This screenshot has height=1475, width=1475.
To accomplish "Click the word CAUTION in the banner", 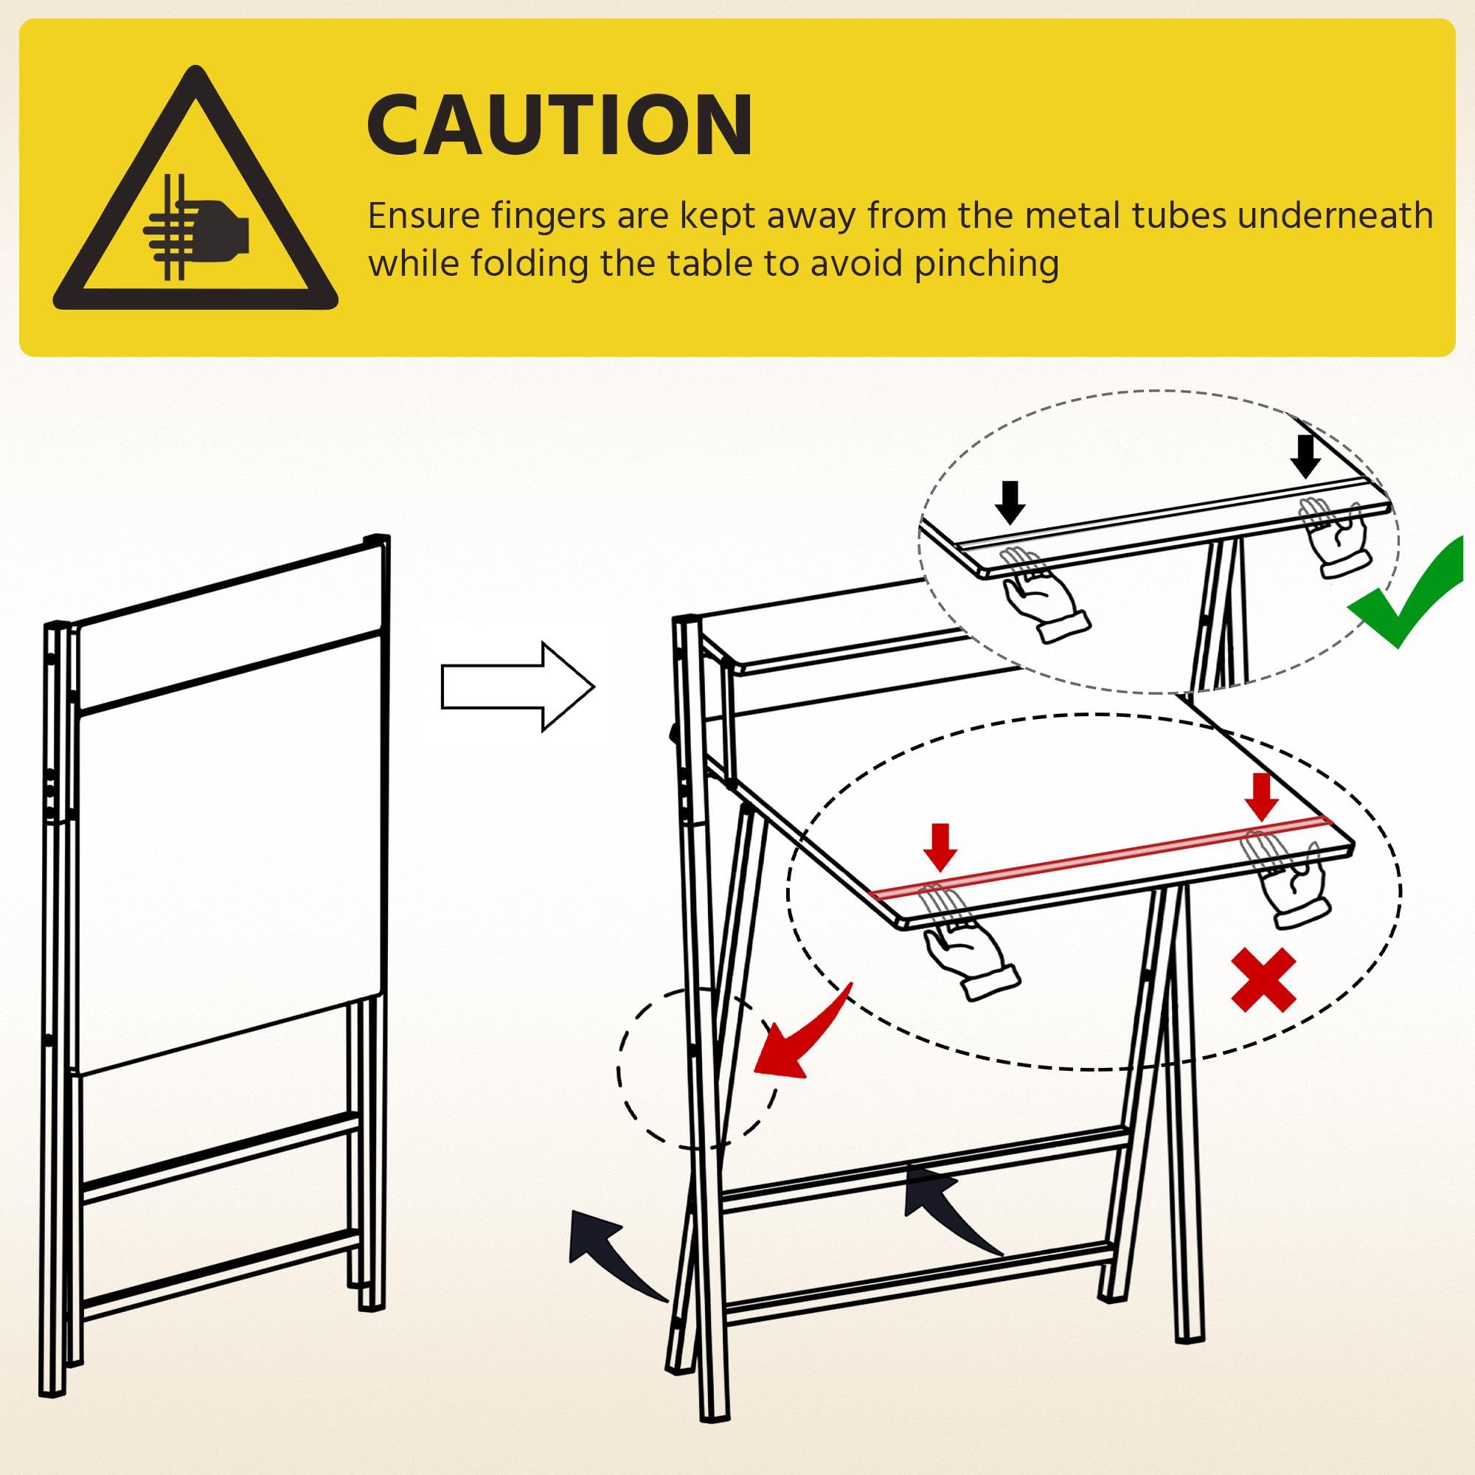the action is tap(560, 125).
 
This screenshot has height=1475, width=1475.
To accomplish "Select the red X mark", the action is tap(1263, 979).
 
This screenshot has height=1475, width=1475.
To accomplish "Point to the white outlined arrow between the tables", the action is tap(518, 687).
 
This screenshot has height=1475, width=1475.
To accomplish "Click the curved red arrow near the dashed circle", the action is tap(802, 1034).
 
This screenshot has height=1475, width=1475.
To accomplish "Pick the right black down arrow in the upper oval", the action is tap(1305, 457).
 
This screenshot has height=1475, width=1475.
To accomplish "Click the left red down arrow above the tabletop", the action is tap(939, 847).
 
